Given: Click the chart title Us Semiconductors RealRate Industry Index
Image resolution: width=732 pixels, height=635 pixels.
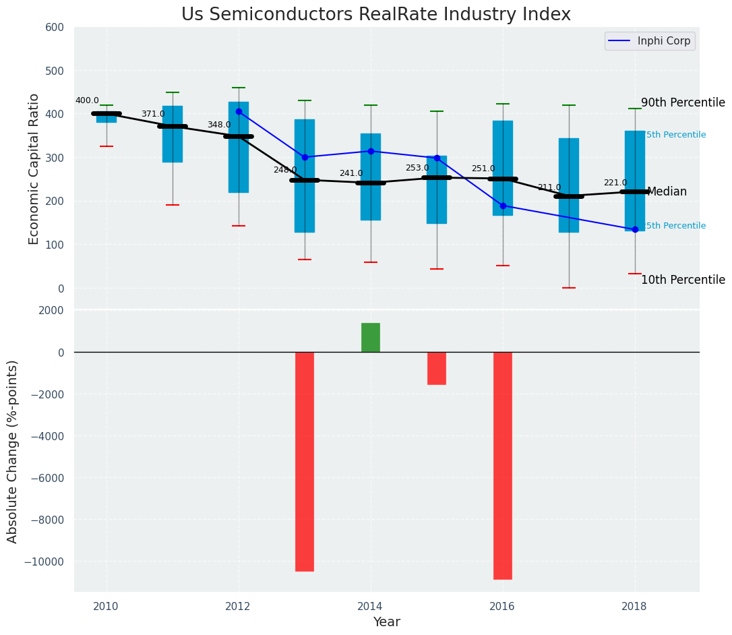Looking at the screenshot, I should pyautogui.click(x=375, y=15).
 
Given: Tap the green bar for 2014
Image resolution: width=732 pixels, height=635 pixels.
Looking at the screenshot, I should pyautogui.click(x=370, y=338).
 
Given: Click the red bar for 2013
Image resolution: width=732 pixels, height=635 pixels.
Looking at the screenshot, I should pyautogui.click(x=305, y=461).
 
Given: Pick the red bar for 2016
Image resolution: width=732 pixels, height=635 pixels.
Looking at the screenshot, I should pyautogui.click(x=502, y=465).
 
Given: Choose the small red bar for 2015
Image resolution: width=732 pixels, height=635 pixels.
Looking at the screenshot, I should pyautogui.click(x=436, y=368).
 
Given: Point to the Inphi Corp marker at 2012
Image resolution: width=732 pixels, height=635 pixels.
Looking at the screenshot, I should pyautogui.click(x=239, y=112).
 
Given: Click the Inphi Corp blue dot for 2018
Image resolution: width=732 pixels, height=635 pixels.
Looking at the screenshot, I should pyautogui.click(x=635, y=229).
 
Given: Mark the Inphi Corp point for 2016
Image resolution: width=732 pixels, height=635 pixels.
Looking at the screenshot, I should pyautogui.click(x=503, y=206).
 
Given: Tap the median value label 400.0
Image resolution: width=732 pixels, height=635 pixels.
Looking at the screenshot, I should pyautogui.click(x=87, y=101).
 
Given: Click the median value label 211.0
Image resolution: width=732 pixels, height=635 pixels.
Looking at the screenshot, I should pyautogui.click(x=549, y=187).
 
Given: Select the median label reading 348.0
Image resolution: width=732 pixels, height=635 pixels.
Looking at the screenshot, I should pyautogui.click(x=218, y=125).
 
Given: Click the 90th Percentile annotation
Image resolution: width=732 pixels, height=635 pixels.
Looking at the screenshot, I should pyautogui.click(x=683, y=103).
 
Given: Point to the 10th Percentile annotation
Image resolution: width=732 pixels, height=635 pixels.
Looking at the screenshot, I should pyautogui.click(x=683, y=280).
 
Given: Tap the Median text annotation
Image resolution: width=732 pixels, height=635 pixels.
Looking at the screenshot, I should pyautogui.click(x=667, y=192).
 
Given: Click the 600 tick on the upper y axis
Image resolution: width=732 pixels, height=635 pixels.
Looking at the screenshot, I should pyautogui.click(x=55, y=28).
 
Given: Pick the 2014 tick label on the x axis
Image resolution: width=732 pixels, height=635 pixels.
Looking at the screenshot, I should pyautogui.click(x=370, y=606).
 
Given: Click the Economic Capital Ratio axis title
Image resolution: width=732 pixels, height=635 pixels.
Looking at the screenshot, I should pyautogui.click(x=34, y=169).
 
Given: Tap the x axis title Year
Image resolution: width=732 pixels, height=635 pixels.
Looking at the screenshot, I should pyautogui.click(x=386, y=622).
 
